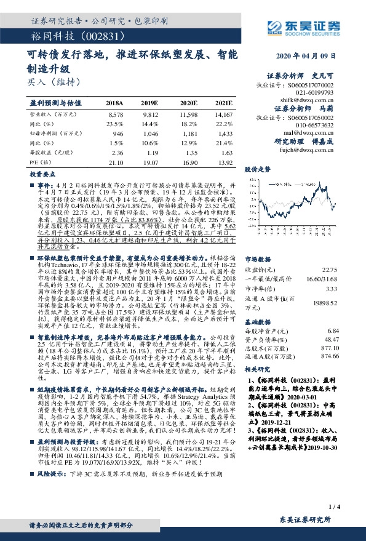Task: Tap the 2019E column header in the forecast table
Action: [x=149, y=102]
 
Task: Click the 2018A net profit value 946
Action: [x=115, y=132]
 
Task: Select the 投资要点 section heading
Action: [x=42, y=174]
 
